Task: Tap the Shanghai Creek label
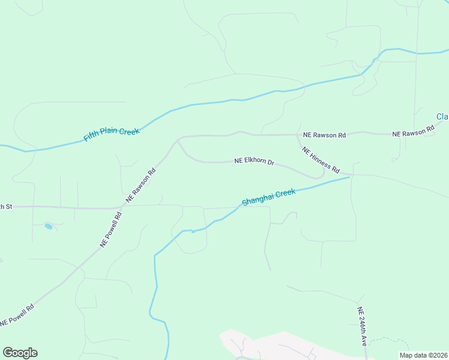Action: tap(269, 196)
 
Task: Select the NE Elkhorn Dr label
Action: tap(254, 162)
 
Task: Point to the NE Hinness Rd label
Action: tap(321, 160)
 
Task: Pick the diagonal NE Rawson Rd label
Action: tap(141, 184)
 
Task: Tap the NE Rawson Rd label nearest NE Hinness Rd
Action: tap(324, 135)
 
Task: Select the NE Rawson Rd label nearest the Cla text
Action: tap(414, 131)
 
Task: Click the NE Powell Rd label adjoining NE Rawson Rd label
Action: tap(111, 229)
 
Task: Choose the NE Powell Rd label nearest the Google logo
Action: tap(17, 314)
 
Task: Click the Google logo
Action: tap(20, 353)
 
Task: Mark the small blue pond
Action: tap(48, 226)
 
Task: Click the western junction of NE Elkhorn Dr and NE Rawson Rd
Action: tap(178, 142)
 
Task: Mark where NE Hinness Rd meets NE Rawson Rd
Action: tap(298, 135)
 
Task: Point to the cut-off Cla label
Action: tap(442, 116)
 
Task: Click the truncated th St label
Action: tap(6, 206)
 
